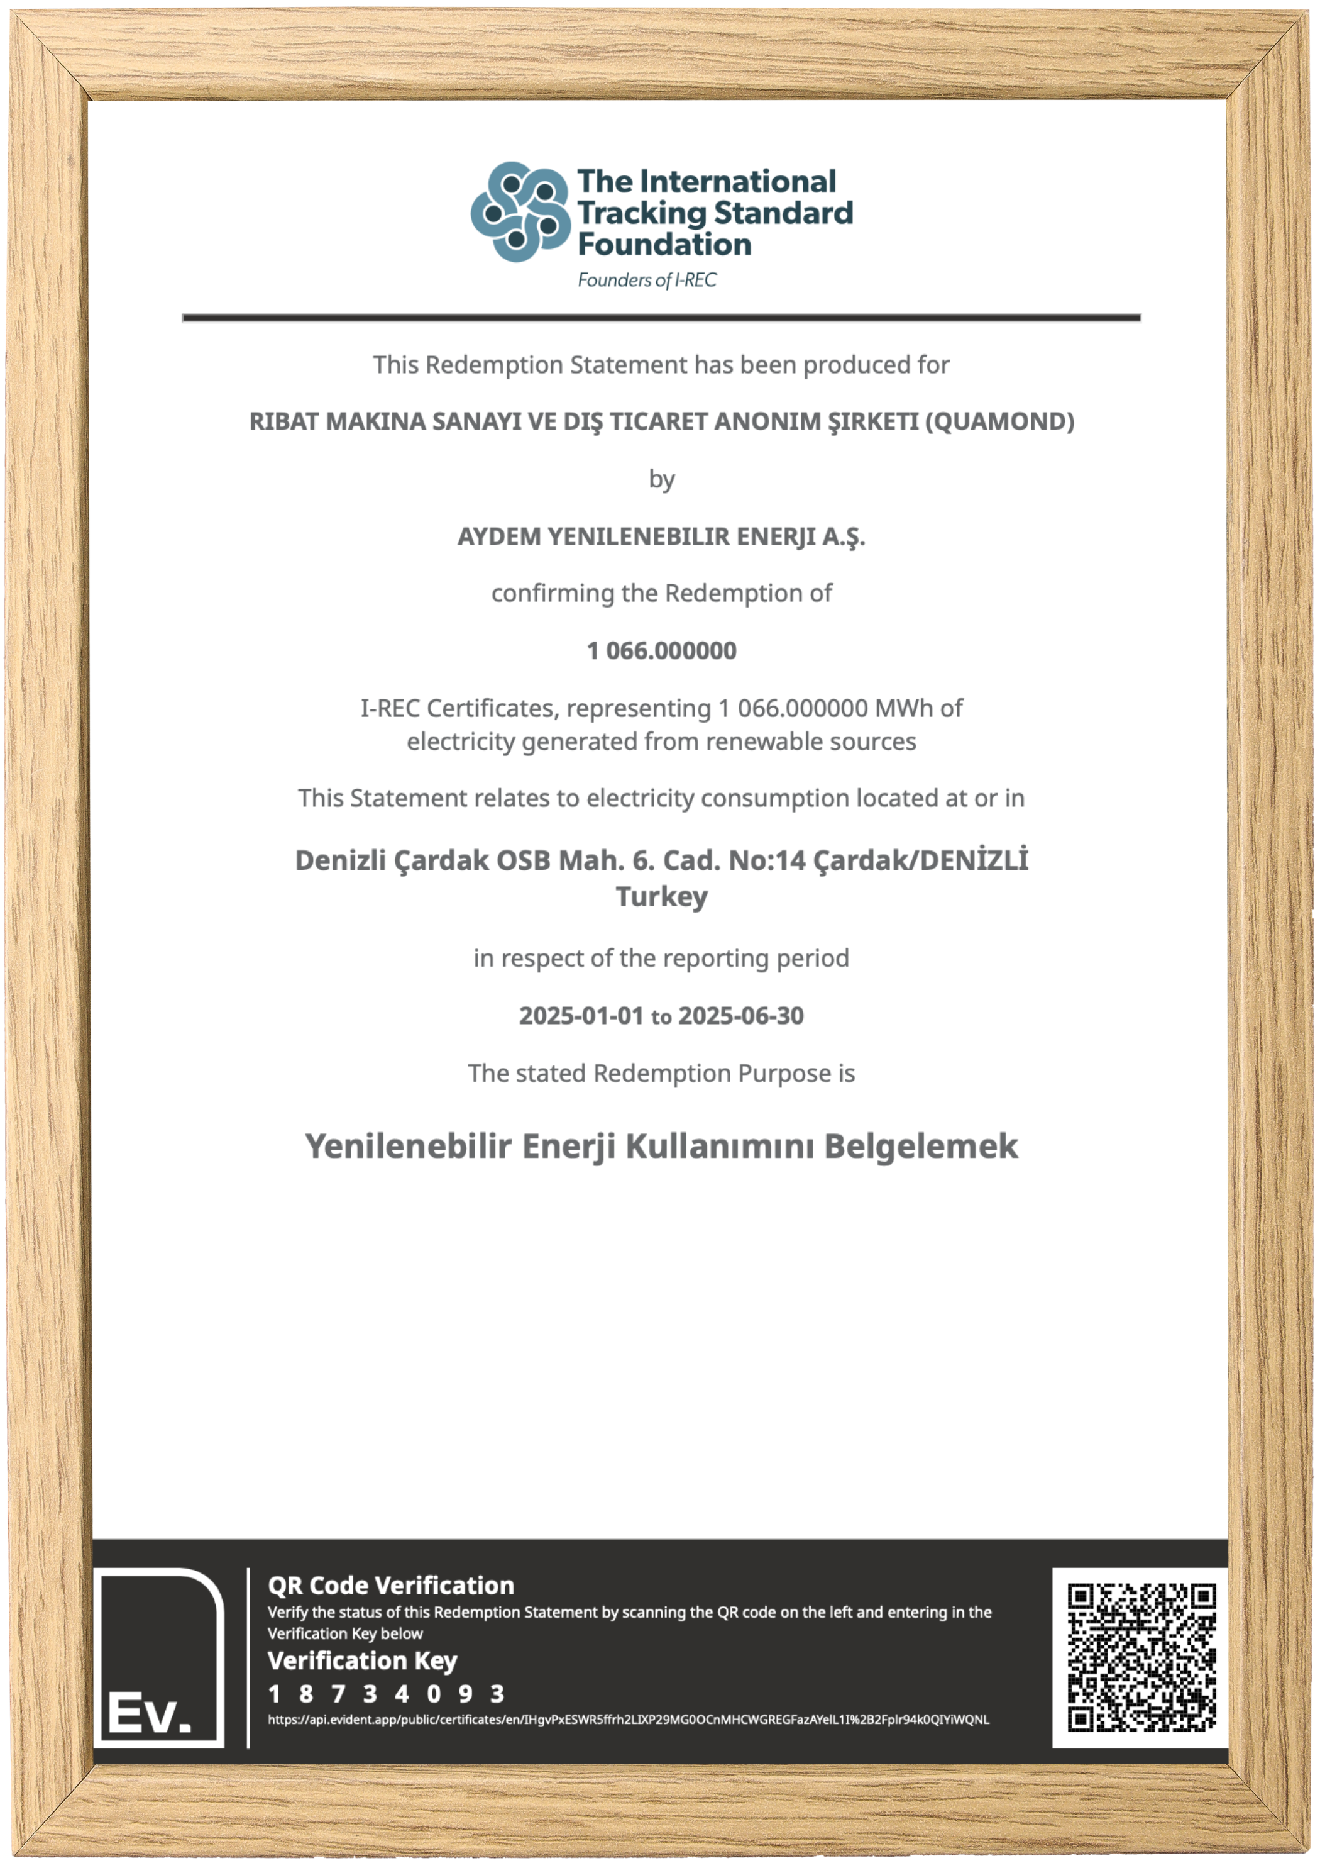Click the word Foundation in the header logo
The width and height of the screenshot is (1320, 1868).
click(664, 245)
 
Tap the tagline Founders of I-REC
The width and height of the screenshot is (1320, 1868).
click(647, 280)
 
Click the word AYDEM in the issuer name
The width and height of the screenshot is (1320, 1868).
click(498, 537)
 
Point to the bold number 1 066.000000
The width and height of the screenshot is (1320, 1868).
click(661, 651)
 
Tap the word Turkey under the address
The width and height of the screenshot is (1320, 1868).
click(661, 896)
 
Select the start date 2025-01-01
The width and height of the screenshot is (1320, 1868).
click(581, 1016)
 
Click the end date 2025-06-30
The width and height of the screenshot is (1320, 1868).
click(741, 1016)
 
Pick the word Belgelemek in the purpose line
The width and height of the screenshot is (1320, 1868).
click(921, 1147)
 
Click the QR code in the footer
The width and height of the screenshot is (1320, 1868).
click(1140, 1657)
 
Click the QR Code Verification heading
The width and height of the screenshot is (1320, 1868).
click(391, 1585)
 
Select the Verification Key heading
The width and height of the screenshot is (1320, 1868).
click(363, 1660)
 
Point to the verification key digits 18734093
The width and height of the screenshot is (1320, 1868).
click(387, 1694)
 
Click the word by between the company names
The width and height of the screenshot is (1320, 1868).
click(661, 479)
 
